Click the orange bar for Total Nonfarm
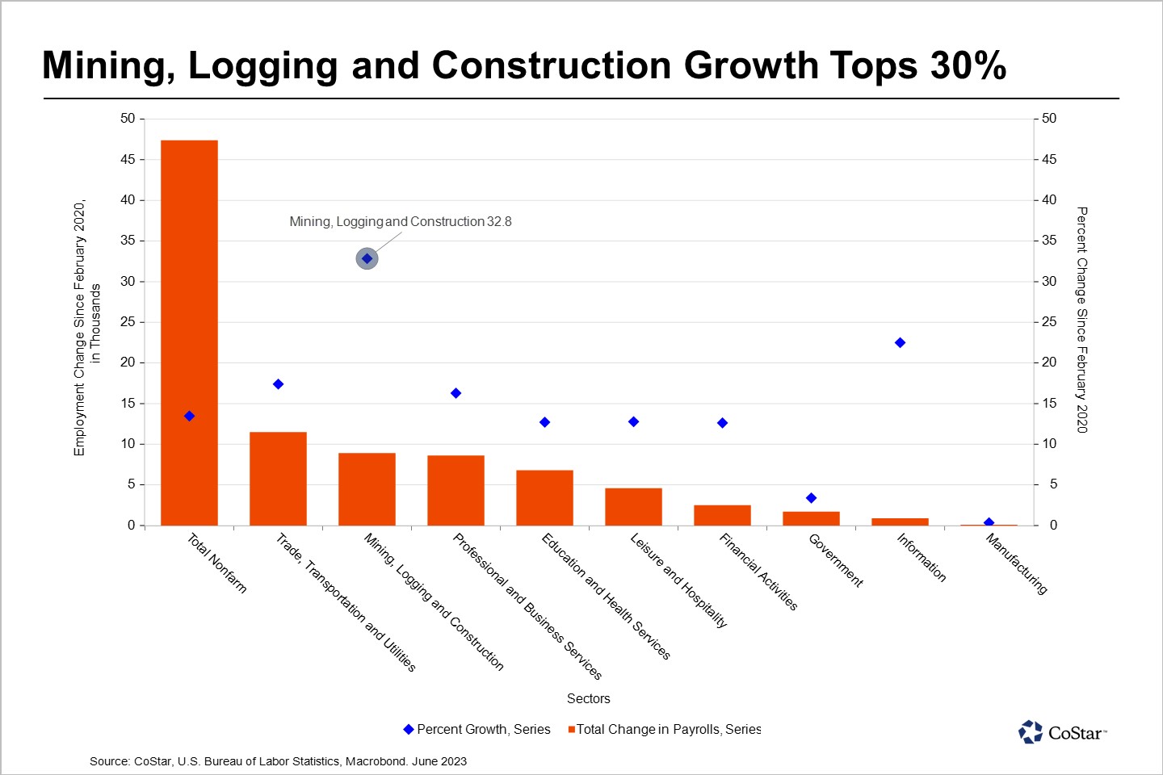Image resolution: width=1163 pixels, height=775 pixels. point(189,333)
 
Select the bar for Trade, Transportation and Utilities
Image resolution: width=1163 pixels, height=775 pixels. point(278,479)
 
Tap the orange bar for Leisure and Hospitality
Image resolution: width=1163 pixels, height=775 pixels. point(633,507)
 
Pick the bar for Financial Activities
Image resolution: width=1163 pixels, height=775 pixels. point(722,515)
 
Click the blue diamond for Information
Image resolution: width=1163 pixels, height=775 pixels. point(900,343)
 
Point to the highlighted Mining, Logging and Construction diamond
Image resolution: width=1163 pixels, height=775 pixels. point(367,259)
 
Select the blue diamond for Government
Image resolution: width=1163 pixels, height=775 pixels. point(811,498)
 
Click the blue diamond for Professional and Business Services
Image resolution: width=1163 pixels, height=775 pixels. point(456,393)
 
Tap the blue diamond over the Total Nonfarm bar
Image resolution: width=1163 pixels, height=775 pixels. point(189,417)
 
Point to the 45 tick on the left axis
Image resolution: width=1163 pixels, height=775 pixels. point(128,160)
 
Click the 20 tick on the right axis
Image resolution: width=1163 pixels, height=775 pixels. point(1048,362)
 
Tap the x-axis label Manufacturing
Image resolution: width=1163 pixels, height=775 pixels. point(1016,564)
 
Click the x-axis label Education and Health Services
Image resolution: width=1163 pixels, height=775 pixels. point(606,597)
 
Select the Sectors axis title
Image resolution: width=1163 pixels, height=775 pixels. point(588,699)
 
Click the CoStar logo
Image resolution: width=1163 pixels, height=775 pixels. point(1062,732)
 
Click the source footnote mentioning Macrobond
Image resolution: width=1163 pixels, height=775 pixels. point(278,761)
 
